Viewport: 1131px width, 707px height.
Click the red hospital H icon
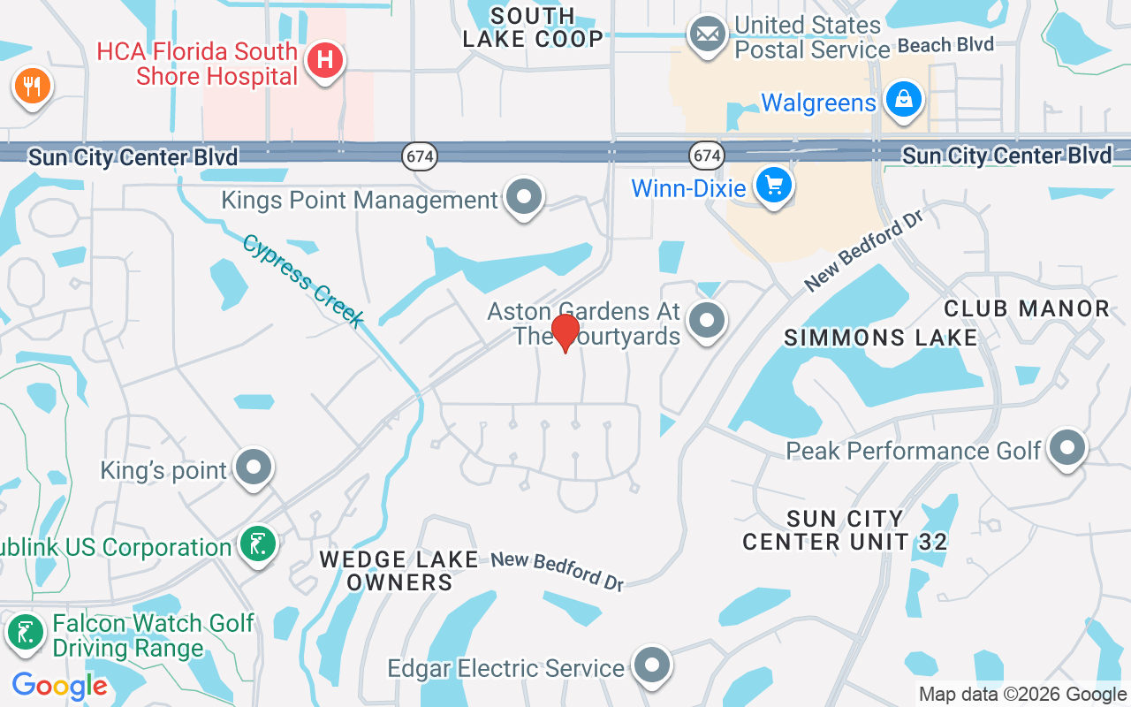tap(325, 61)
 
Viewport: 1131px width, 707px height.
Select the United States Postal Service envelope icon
tap(707, 35)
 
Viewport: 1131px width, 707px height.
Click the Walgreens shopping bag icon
tap(904, 99)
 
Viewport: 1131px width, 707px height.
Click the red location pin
tap(565, 332)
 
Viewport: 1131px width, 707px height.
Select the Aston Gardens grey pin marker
tap(707, 320)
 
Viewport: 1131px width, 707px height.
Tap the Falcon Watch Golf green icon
tap(26, 633)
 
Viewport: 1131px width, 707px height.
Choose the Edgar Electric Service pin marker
tap(653, 665)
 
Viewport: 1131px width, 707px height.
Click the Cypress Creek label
tap(303, 280)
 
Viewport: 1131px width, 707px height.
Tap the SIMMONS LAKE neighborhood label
tap(881, 338)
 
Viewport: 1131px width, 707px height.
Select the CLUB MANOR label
tap(1027, 308)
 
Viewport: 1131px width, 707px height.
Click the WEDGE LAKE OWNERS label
tap(399, 570)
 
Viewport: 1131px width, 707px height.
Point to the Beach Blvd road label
tap(945, 44)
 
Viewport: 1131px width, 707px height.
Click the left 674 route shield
tap(420, 156)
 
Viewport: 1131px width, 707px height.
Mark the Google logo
tap(59, 685)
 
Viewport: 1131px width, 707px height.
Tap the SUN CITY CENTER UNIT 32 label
tap(845, 529)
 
